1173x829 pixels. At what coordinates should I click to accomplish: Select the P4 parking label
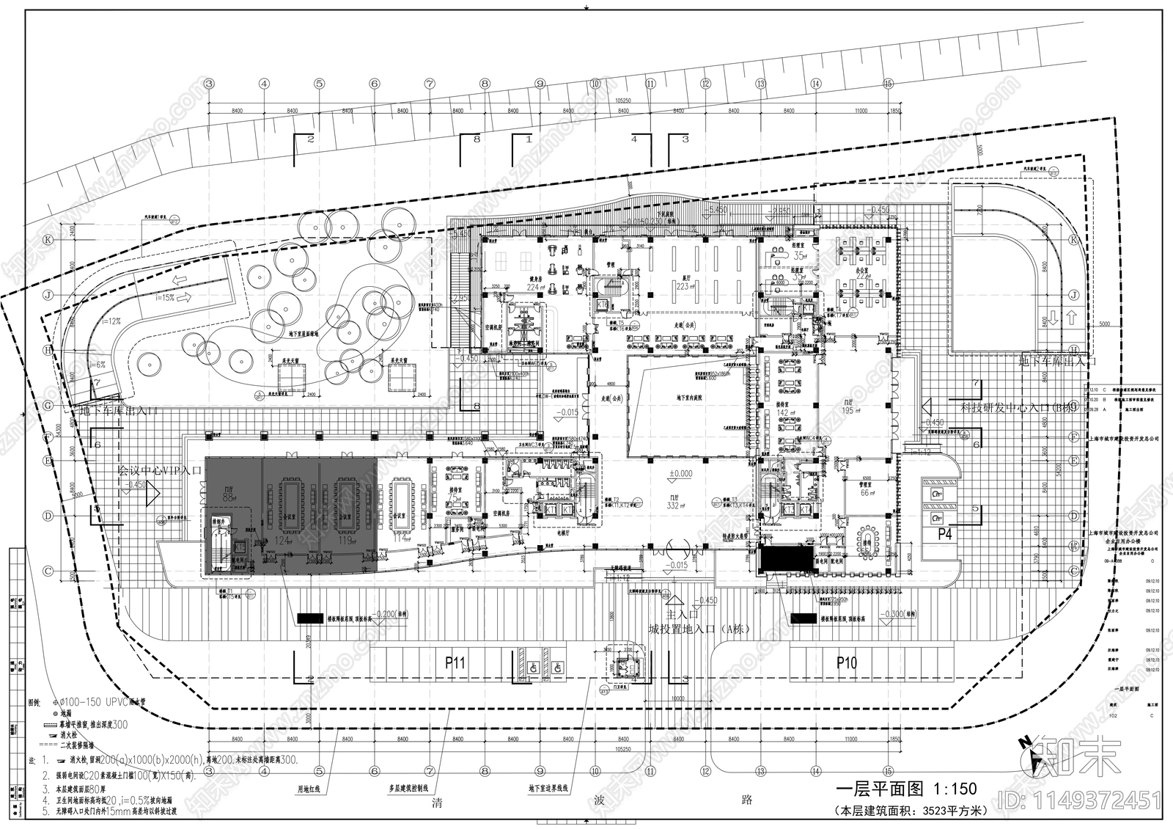tap(945, 535)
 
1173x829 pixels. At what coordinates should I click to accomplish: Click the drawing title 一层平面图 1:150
tap(906, 789)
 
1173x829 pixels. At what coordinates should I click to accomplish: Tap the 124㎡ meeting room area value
tap(279, 541)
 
